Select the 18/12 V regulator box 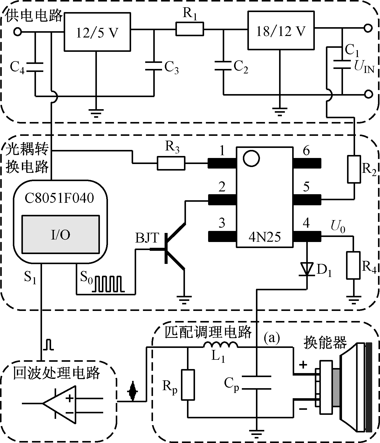[281, 30]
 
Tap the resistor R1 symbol [189, 29]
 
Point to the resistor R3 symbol [171, 163]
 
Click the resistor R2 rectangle [354, 169]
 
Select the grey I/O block [61, 234]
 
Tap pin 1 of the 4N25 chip [222, 163]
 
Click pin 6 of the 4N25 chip [307, 163]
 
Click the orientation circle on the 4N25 [251, 158]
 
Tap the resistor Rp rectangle [188, 385]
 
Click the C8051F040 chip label [59, 198]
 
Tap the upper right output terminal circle [368, 28]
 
